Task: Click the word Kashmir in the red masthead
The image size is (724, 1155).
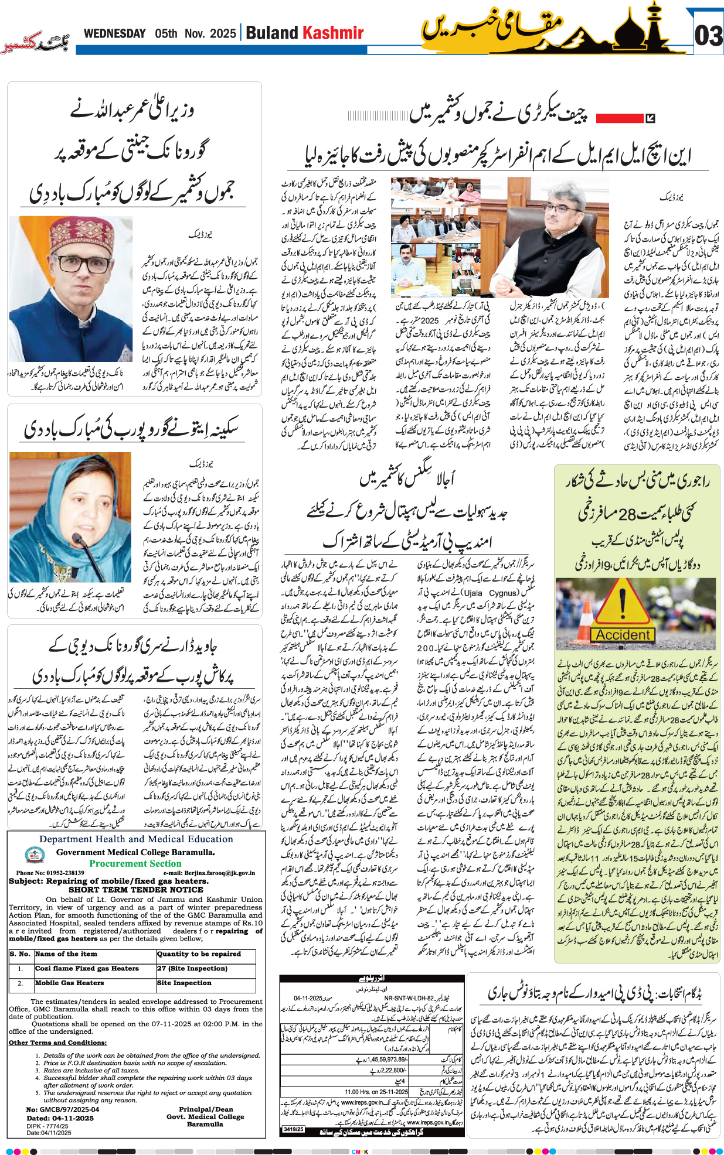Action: pyautogui.click(x=332, y=33)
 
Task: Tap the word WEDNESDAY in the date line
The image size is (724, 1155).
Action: pyautogui.click(x=114, y=33)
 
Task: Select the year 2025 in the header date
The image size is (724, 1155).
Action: pyautogui.click(x=222, y=33)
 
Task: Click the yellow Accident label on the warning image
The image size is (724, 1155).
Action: pyautogui.click(x=623, y=635)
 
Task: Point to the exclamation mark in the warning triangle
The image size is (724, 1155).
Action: pyautogui.click(x=623, y=604)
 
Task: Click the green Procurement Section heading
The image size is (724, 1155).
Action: pyautogui.click(x=135, y=863)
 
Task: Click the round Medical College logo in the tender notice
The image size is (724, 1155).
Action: pyautogui.click(x=35, y=856)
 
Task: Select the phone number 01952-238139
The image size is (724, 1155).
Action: pyautogui.click(x=64, y=873)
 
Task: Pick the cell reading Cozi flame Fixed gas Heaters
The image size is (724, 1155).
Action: pyautogui.click(x=87, y=968)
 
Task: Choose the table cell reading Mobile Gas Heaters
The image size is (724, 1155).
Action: pyautogui.click(x=69, y=983)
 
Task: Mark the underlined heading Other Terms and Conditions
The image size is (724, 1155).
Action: pyautogui.click(x=57, y=1043)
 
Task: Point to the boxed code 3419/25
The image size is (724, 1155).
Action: pyautogui.click(x=294, y=1129)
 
